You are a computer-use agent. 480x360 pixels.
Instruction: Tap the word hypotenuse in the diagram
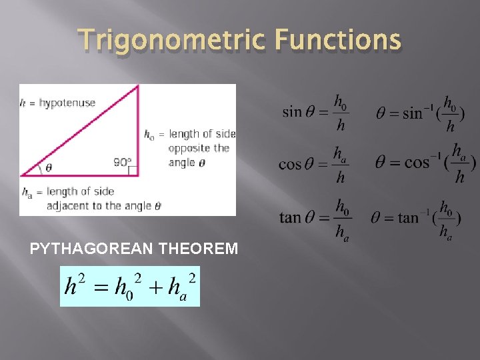67,103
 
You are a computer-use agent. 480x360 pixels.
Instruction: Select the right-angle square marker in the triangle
133,171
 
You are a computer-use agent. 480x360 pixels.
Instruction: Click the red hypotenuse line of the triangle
80,130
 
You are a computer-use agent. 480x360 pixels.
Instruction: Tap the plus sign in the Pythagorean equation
155,287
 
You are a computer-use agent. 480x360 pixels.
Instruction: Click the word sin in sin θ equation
292,111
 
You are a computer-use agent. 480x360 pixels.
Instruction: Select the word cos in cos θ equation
291,163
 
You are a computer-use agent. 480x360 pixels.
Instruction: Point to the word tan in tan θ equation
290,217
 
